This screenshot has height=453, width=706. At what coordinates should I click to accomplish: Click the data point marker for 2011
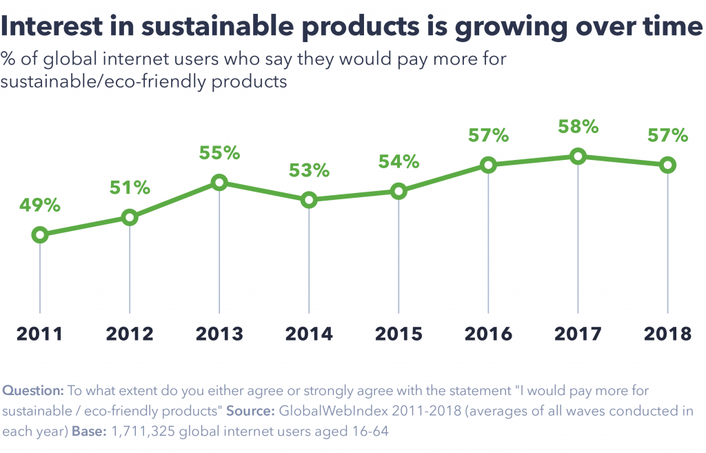pos(40,235)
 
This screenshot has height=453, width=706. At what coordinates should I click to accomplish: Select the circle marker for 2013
pos(219,183)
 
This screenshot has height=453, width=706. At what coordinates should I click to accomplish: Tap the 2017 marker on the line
pos(578,157)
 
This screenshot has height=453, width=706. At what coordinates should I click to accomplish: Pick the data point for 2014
pos(309,201)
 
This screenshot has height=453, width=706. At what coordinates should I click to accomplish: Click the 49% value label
pos(40,205)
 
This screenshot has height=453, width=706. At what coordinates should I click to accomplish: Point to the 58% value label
pos(578,127)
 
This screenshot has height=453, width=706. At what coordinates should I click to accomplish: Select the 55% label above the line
pos(219,153)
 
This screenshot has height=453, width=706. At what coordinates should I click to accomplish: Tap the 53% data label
pos(309,171)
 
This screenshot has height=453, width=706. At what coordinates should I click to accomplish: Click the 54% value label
pos(399,162)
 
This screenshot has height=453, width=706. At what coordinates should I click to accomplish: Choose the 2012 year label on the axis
pos(130,334)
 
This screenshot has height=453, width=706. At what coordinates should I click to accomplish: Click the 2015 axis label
pos(399,334)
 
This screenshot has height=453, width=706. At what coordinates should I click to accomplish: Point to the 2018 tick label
pos(667,334)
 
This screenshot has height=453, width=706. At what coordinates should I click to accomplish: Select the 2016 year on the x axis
pos(488,334)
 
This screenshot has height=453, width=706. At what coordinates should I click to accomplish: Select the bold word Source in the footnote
pos(249,412)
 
